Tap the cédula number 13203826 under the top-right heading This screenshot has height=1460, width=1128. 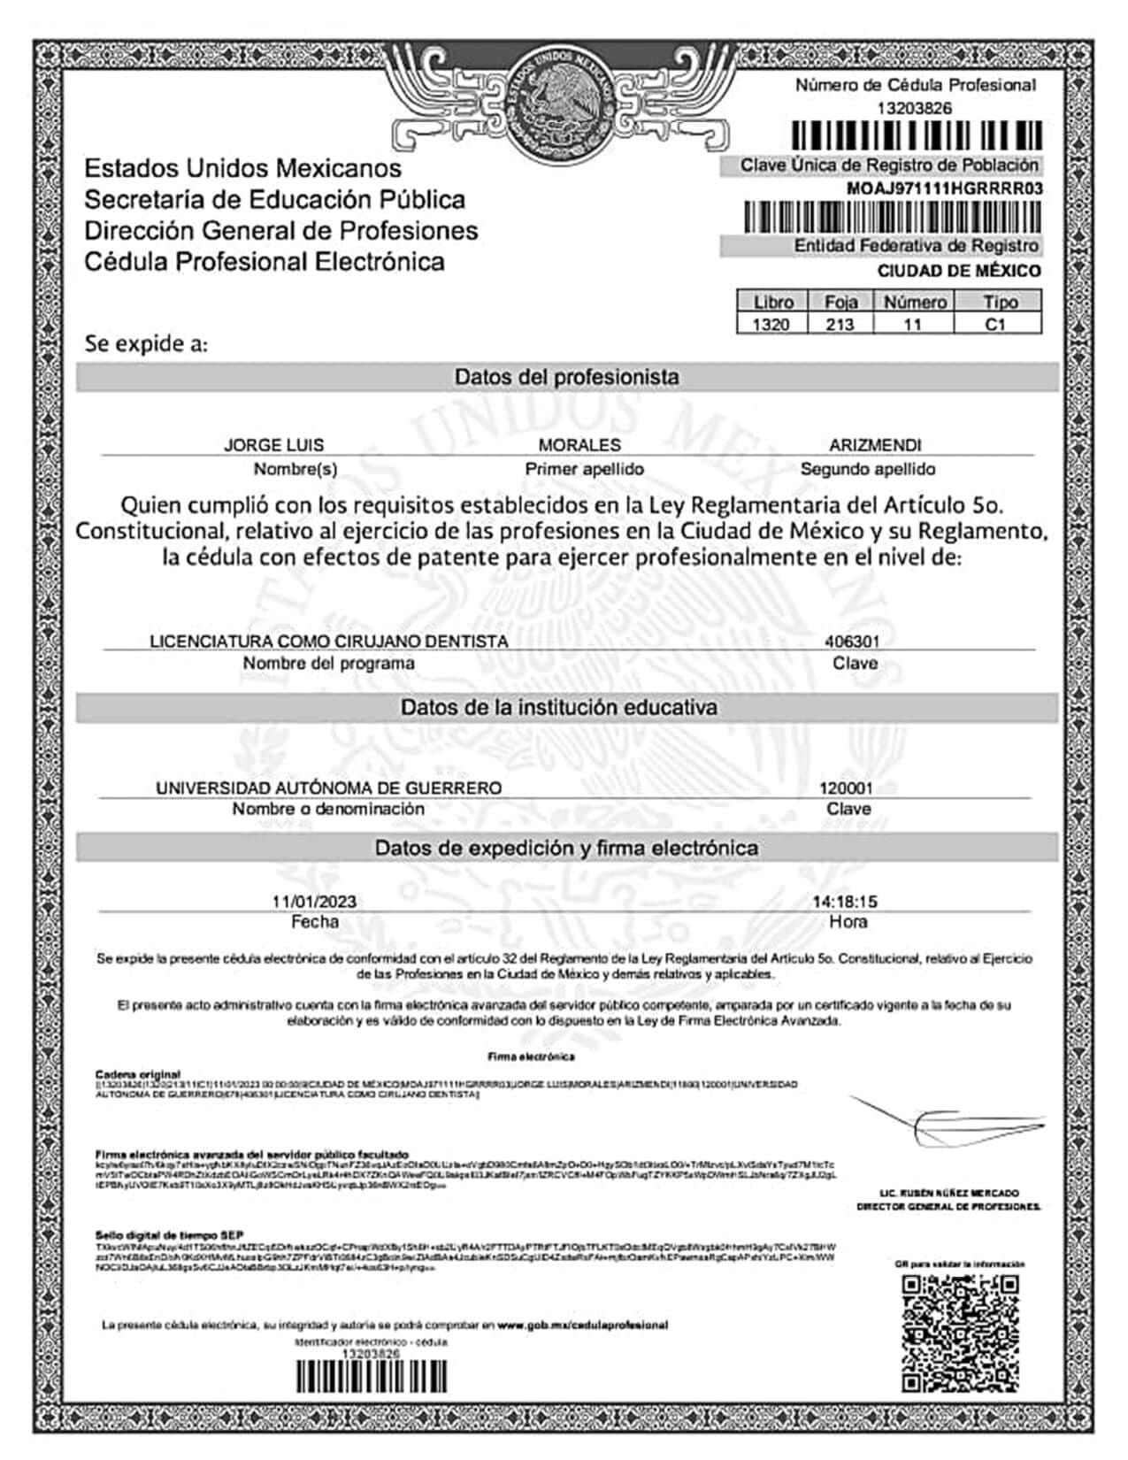(914, 108)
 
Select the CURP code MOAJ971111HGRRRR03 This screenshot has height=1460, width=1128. (944, 188)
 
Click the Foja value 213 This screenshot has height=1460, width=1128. (840, 325)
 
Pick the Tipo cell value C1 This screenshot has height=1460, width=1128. (996, 325)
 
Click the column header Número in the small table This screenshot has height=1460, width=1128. (915, 302)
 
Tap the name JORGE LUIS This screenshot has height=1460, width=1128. (273, 445)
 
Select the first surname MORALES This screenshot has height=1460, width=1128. (579, 445)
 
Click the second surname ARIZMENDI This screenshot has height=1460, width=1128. (875, 445)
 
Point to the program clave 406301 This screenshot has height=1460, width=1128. (852, 641)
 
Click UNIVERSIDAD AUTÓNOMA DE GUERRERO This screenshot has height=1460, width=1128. (328, 788)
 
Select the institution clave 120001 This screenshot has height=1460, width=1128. (846, 788)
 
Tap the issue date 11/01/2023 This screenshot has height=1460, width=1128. (314, 902)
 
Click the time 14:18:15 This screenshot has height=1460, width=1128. (845, 902)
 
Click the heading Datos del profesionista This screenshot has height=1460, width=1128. (566, 377)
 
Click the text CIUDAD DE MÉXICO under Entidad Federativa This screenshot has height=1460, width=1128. (959, 271)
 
